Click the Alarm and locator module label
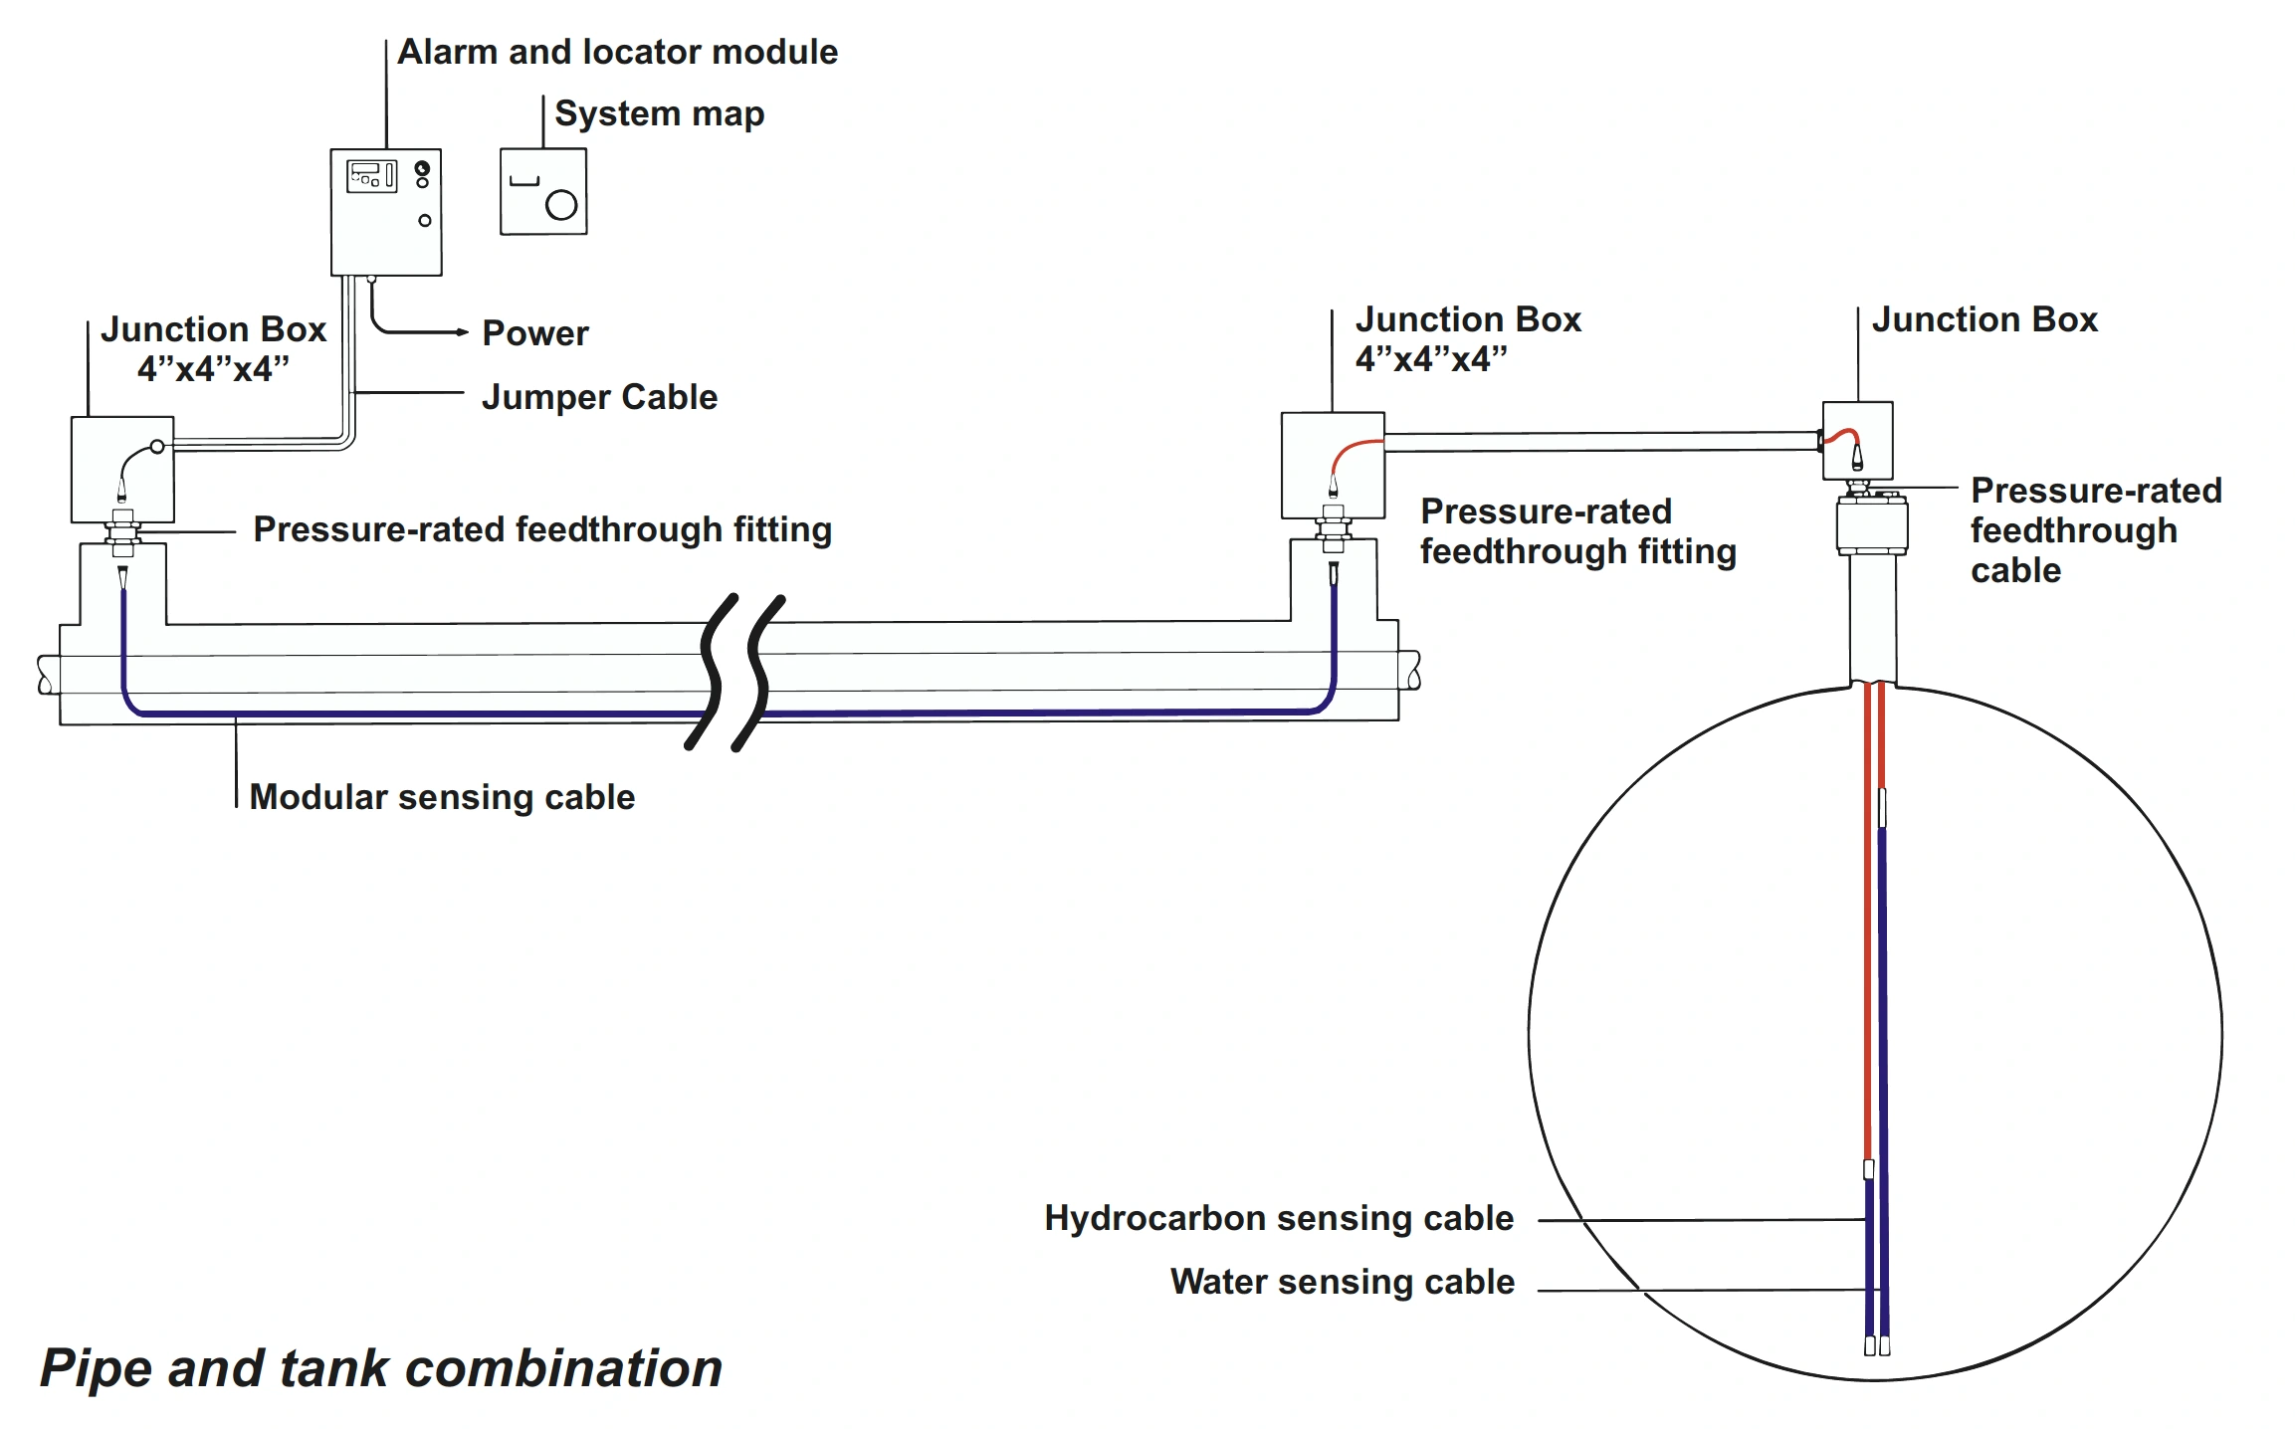pyautogui.click(x=617, y=52)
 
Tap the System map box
pyautogui.click(x=543, y=192)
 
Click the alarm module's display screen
pyautogui.click(x=366, y=176)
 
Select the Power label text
pyautogui.click(x=534, y=333)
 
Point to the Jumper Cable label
pyautogui.click(x=599, y=397)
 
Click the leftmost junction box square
pyautogui.click(x=122, y=469)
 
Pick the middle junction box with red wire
pyautogui.click(x=1333, y=465)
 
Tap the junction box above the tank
pyautogui.click(x=1857, y=441)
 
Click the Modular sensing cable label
pyautogui.click(x=442, y=797)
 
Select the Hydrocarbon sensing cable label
pyautogui.click(x=1279, y=1218)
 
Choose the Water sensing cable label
pyautogui.click(x=1343, y=1282)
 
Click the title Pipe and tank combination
pyautogui.click(x=381, y=1368)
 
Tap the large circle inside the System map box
pyautogui.click(x=561, y=205)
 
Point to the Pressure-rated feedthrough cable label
pyautogui.click(x=2095, y=530)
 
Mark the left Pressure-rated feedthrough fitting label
pyautogui.click(x=542, y=529)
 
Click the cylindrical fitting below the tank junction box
pyautogui.click(x=1872, y=525)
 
